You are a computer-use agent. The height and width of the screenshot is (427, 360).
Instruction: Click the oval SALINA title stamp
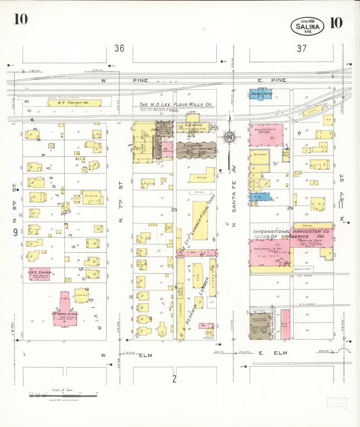pyautogui.click(x=307, y=26)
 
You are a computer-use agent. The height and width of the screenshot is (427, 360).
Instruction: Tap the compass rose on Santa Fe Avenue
pyautogui.click(x=230, y=138)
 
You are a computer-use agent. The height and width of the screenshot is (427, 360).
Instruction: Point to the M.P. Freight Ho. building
pyautogui.click(x=74, y=103)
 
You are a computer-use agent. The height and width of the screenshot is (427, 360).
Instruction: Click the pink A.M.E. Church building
pyautogui.click(x=40, y=274)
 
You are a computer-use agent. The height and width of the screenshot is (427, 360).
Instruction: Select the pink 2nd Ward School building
pyautogui.click(x=63, y=308)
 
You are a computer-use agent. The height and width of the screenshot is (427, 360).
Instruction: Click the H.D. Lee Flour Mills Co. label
pyautogui.click(x=176, y=105)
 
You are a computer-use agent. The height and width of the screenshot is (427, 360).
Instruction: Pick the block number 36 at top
pyautogui.click(x=120, y=48)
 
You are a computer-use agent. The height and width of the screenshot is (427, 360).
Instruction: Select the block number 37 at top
pyautogui.click(x=301, y=48)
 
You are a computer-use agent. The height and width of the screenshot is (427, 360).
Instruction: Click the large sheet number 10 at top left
pyautogui.click(x=21, y=19)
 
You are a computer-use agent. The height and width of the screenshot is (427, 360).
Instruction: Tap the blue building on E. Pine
pyautogui.click(x=260, y=94)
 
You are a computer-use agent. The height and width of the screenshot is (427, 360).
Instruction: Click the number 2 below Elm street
pyautogui.click(x=174, y=379)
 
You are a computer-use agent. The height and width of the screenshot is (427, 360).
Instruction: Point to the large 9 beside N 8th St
pyautogui.click(x=15, y=232)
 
